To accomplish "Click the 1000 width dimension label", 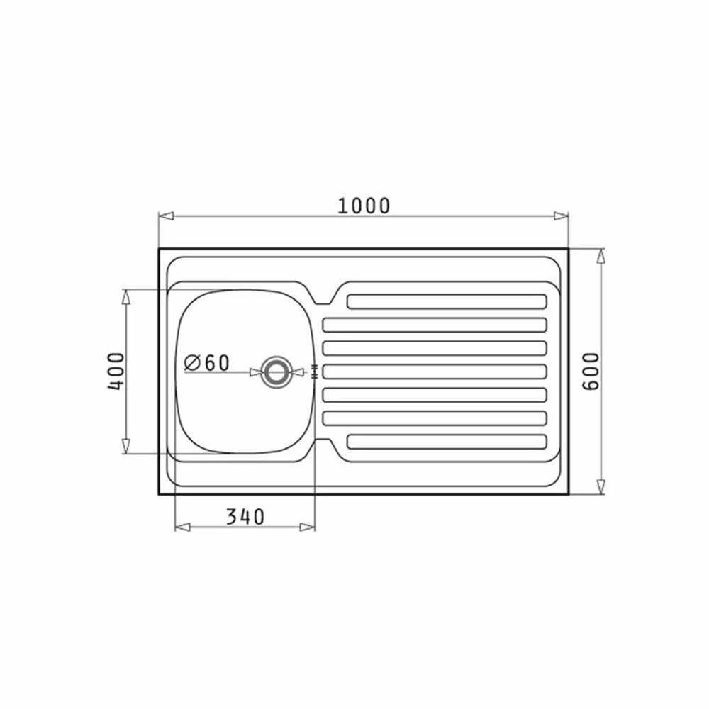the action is click(x=364, y=206).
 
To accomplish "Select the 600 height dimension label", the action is click(x=591, y=372).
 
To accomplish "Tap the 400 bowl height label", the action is click(x=116, y=372).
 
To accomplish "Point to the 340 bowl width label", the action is click(x=245, y=517).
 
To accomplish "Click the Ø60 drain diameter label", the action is click(x=207, y=362).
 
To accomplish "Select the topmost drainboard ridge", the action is click(x=447, y=301).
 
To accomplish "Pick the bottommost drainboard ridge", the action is click(x=447, y=442).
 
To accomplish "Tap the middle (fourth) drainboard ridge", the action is click(x=435, y=372).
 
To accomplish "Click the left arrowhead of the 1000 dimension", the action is click(x=167, y=216).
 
